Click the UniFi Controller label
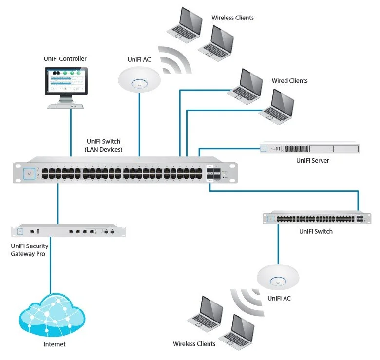point(65,58)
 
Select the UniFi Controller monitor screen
point(66,80)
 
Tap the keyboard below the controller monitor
point(65,107)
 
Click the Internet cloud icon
point(52,315)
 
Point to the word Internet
point(55,344)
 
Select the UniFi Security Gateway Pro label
point(29,250)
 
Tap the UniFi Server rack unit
point(309,148)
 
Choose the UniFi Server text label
point(313,160)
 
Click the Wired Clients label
point(289,81)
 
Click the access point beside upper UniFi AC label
point(139,80)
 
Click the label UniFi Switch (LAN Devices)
point(103,145)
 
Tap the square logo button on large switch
point(29,174)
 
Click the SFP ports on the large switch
point(213,173)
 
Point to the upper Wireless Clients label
point(233,18)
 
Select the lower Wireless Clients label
point(194,344)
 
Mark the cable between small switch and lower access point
point(278,244)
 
